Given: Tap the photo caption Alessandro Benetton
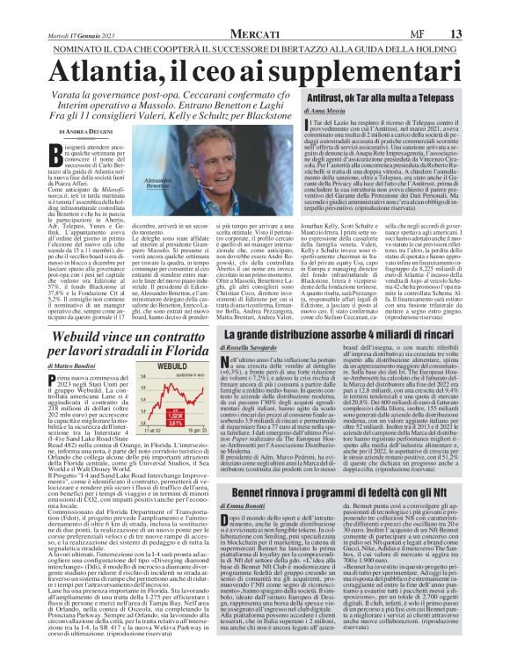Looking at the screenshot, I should pyautogui.click(x=179, y=181).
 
